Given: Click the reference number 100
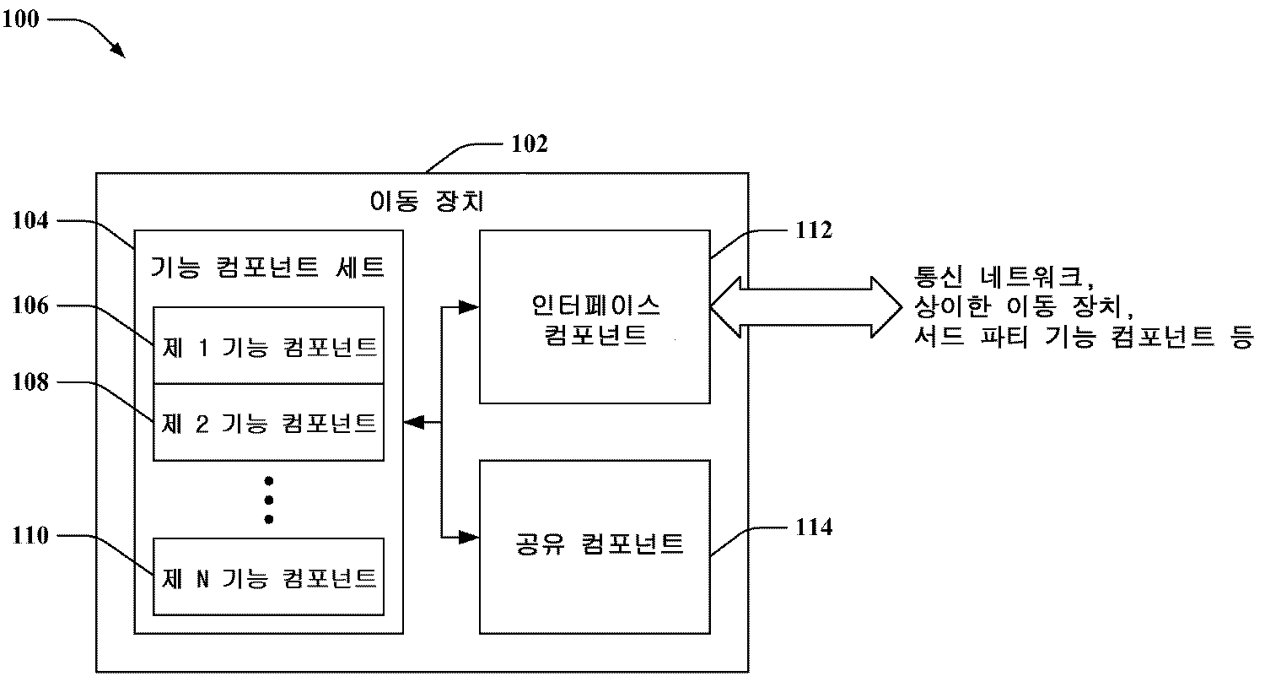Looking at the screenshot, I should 20,19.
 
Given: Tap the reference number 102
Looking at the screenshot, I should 530,144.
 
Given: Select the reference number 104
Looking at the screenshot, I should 30,221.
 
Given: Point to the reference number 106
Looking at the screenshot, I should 30,306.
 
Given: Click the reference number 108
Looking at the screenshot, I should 30,382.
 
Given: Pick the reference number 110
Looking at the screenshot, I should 30,535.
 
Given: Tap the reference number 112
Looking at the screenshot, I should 814,230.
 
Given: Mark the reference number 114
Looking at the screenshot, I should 814,527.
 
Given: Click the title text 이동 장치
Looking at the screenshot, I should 428,202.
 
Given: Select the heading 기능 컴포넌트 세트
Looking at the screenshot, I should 267,268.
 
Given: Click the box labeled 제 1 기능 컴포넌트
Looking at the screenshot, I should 268,346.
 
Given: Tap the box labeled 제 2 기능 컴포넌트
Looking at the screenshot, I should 268,422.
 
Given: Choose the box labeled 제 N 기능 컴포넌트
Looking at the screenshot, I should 268,576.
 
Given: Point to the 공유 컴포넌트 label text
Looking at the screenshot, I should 598,544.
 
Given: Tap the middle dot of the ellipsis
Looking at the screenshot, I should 269,500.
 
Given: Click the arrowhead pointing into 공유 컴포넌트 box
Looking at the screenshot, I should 469,536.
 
